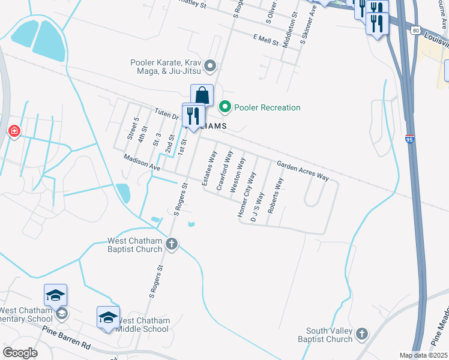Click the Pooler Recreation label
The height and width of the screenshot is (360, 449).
click(x=267, y=107)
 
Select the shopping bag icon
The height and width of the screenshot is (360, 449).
click(x=202, y=95)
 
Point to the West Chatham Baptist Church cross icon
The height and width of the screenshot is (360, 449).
click(x=172, y=244)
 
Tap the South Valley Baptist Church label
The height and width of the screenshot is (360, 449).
click(x=329, y=335)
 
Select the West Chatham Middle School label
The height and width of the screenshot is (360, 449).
click(x=142, y=325)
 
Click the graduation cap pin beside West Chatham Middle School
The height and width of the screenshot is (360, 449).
click(x=108, y=318)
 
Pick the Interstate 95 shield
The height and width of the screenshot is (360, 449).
click(x=410, y=139)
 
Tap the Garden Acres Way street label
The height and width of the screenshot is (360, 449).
click(x=303, y=170)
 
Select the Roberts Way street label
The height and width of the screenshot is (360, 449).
click(x=275, y=196)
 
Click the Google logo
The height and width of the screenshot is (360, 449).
click(x=20, y=353)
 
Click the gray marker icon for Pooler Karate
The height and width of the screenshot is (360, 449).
click(x=209, y=65)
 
